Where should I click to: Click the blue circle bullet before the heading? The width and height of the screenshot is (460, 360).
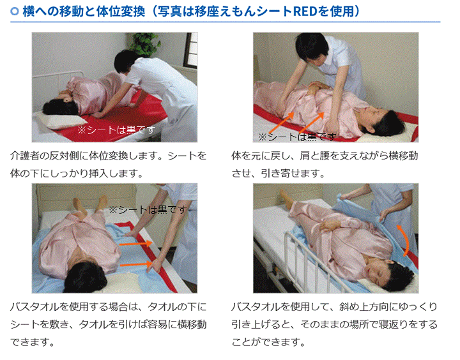[x=14, y=11]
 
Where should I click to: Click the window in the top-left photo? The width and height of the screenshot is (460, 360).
[x=191, y=50]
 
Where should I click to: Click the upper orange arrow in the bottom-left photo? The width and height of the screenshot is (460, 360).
[x=136, y=243]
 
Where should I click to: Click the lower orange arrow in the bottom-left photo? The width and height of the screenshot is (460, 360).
[x=136, y=264]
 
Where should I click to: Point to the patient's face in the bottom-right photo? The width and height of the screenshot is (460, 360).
[x=374, y=267]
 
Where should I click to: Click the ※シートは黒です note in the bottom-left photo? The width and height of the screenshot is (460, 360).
[x=148, y=209]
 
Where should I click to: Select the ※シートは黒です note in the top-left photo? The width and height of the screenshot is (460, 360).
[x=116, y=130]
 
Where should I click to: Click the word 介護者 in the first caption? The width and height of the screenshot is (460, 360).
[x=24, y=156]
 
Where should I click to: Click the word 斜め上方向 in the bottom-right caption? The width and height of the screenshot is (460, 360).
[x=364, y=306]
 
